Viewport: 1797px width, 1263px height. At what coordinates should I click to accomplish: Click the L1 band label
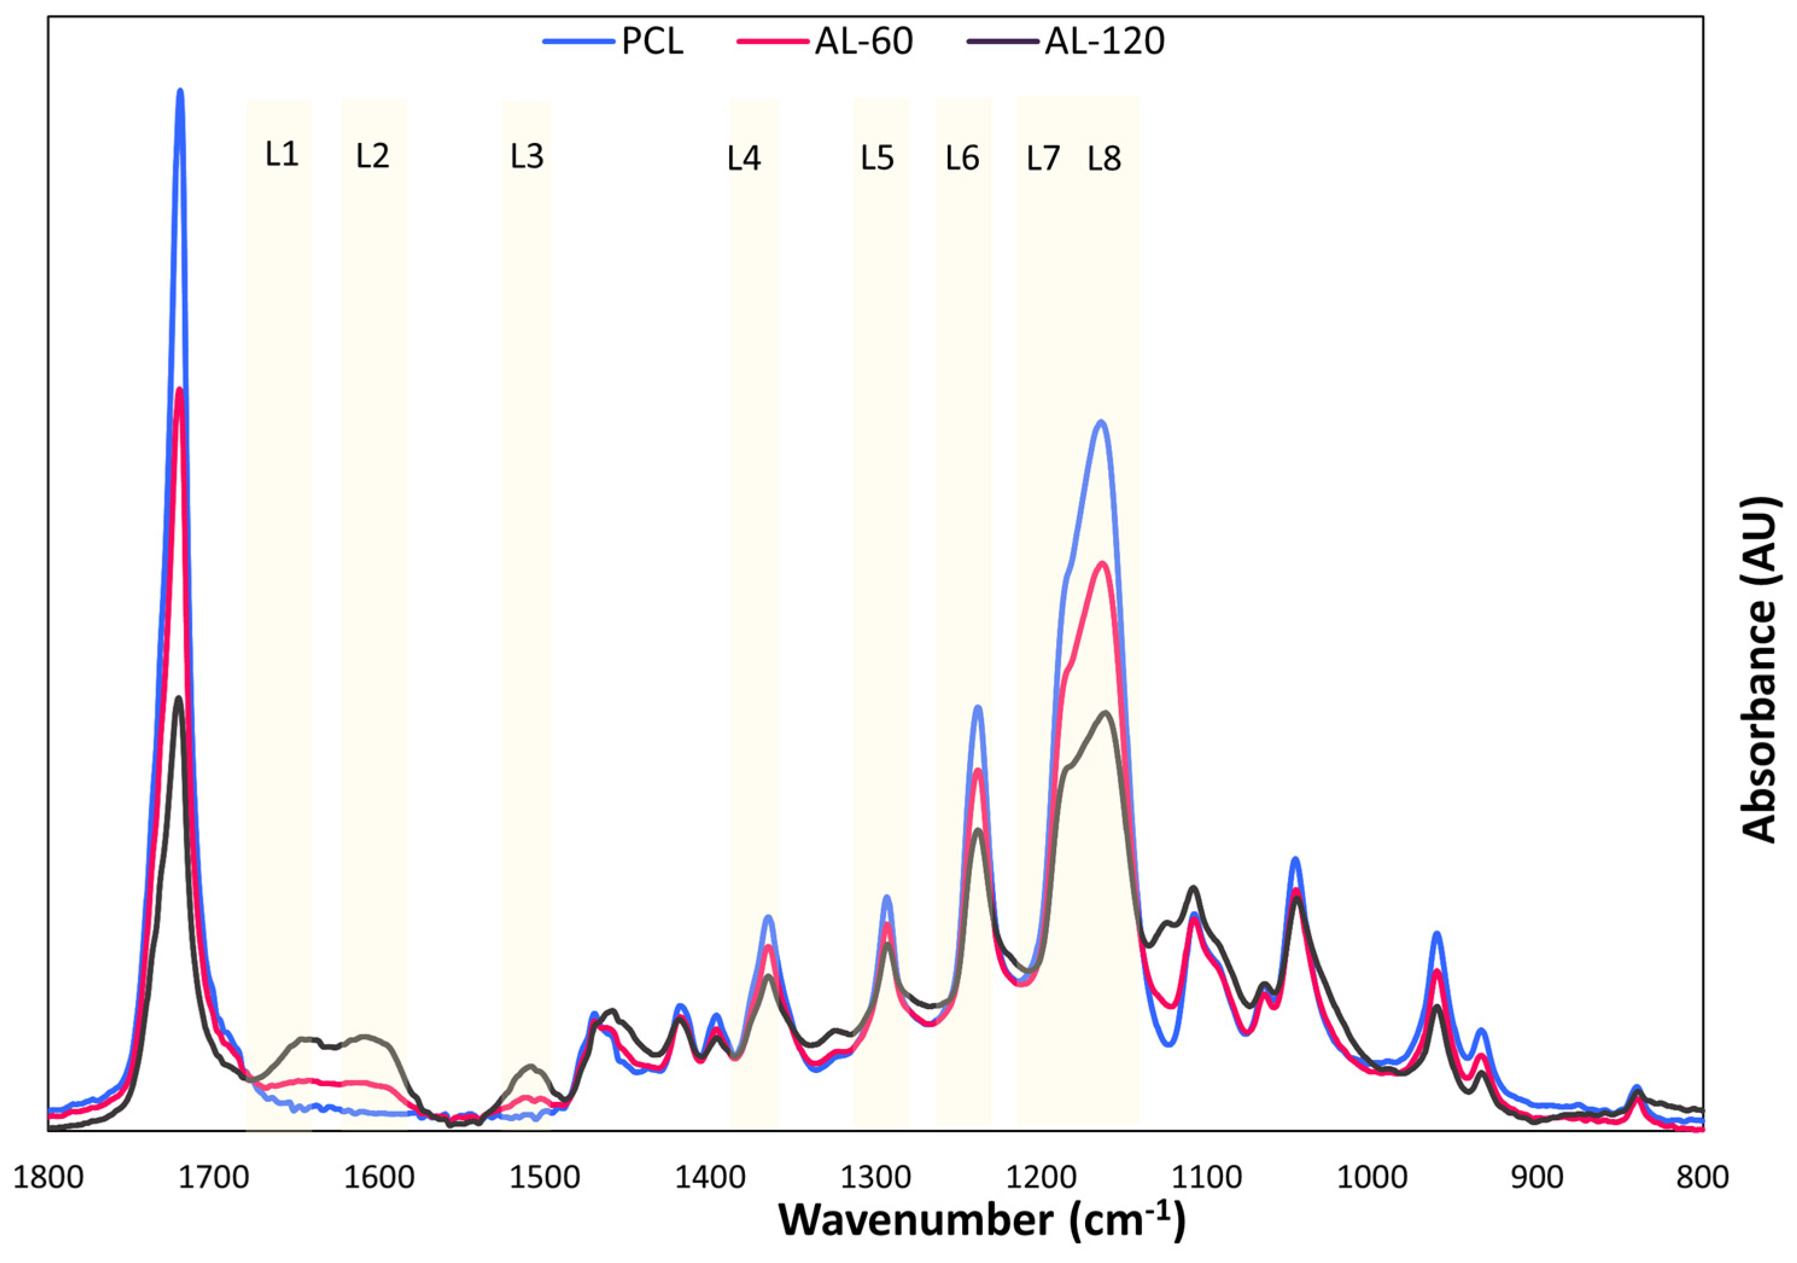282,155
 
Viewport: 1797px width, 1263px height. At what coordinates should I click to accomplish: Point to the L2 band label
373,156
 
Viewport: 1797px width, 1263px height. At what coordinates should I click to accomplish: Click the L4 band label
744,159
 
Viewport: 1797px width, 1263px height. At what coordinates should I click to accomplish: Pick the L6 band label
962,159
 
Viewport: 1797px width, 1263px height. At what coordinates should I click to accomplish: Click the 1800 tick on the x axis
48,1177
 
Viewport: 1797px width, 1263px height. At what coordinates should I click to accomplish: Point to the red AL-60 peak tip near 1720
180,390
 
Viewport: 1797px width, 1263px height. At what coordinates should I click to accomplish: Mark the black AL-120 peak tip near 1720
179,698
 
